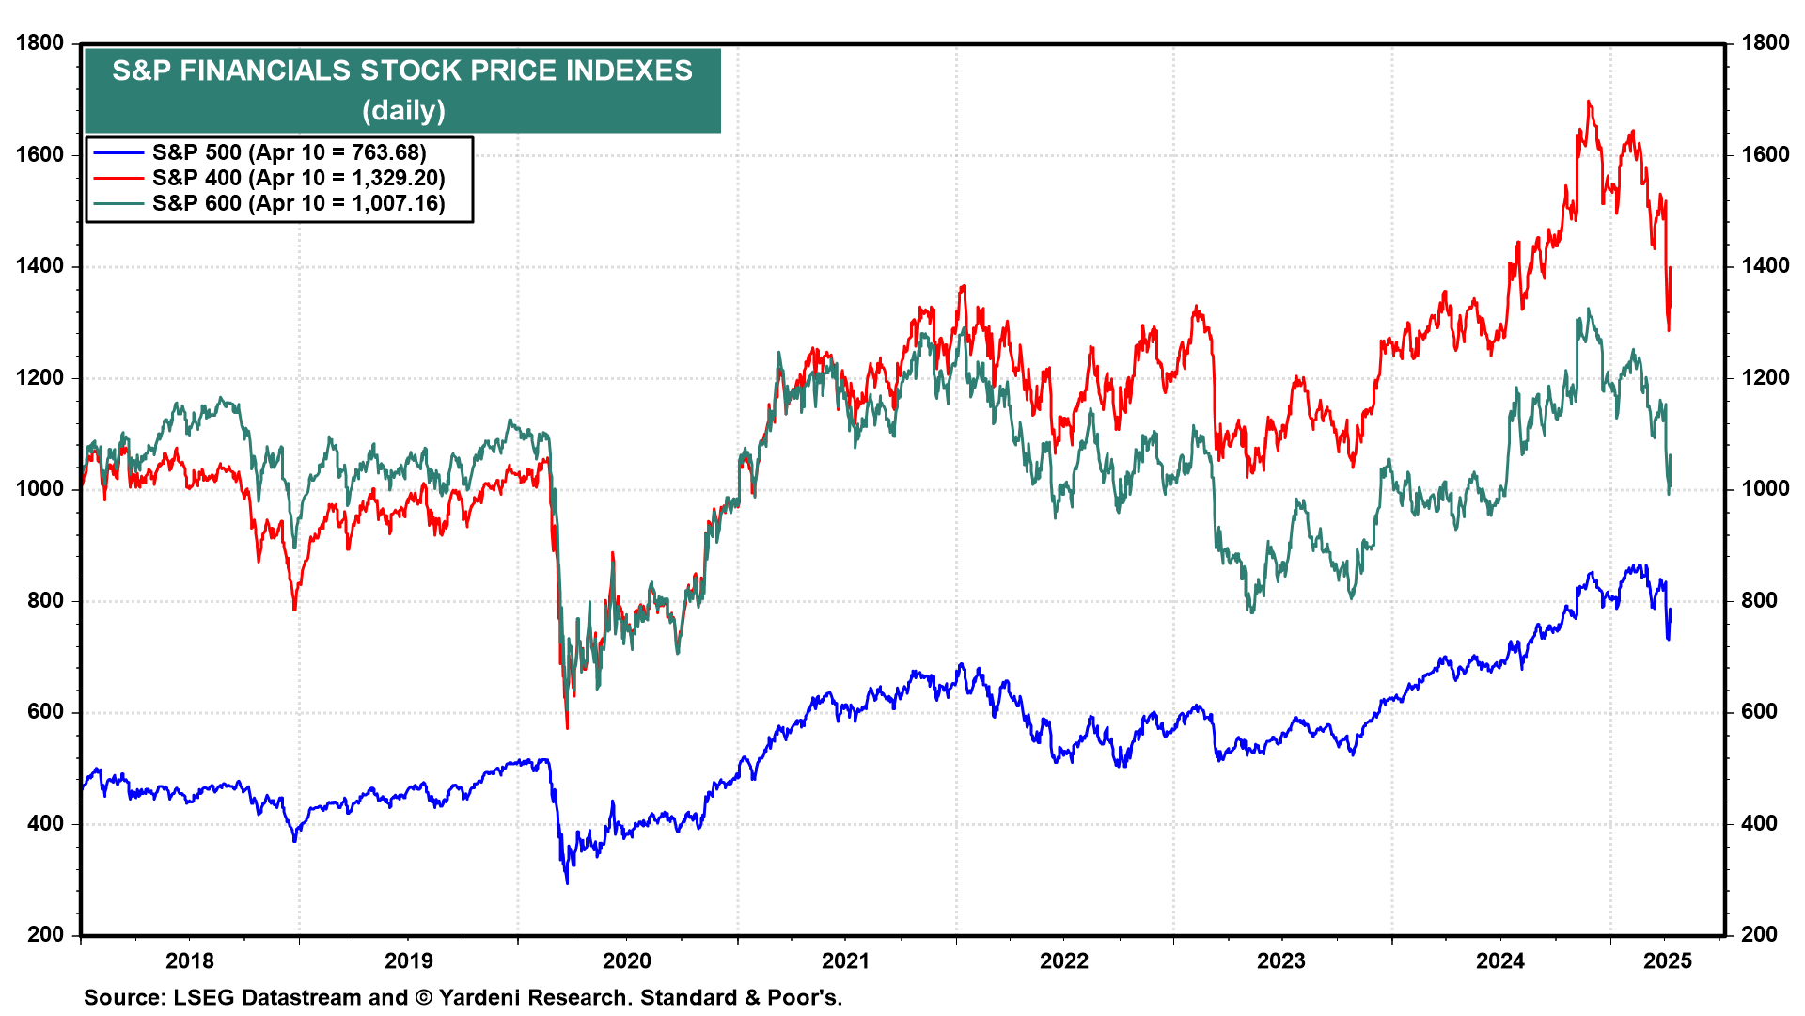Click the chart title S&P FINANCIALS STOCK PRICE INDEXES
coord(402,71)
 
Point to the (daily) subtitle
coord(403,110)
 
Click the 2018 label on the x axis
coord(190,960)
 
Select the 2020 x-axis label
coord(627,960)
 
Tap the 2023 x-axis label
coord(1281,960)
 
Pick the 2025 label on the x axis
coord(1667,960)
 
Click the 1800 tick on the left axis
coord(40,43)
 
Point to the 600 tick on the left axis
coord(46,712)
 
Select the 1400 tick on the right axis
coord(1766,266)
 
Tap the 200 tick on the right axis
coord(1759,934)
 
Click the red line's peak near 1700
coord(1589,101)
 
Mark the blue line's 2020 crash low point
coord(567,883)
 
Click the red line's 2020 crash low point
coord(567,727)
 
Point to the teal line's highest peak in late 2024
coord(1589,309)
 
